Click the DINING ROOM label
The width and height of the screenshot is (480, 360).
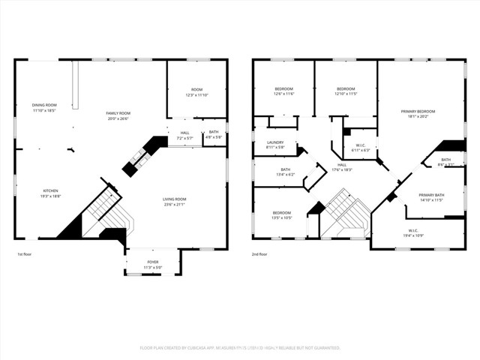pyautogui.click(x=44, y=107)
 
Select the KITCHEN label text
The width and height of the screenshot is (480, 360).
pyautogui.click(x=49, y=193)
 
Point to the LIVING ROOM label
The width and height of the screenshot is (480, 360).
pyautogui.click(x=175, y=201)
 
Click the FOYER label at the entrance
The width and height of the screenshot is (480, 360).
pyautogui.click(x=152, y=264)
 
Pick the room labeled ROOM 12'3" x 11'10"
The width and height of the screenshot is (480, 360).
pyautogui.click(x=196, y=93)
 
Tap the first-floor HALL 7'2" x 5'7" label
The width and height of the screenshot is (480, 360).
pyautogui.click(x=184, y=135)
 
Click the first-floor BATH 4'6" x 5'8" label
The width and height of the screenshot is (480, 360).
pyautogui.click(x=214, y=134)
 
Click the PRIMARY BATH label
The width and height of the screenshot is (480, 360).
pyautogui.click(x=431, y=197)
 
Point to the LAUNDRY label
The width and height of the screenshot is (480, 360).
pyautogui.click(x=275, y=144)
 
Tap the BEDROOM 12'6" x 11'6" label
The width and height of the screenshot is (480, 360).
pyautogui.click(x=283, y=91)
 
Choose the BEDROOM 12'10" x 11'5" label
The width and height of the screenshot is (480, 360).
pyautogui.click(x=345, y=91)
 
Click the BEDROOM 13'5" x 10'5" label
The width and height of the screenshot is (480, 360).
pyautogui.click(x=281, y=214)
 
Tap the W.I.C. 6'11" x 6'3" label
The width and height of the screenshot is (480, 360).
pyautogui.click(x=361, y=148)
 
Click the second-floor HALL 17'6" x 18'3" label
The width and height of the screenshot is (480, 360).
pyautogui.click(x=342, y=167)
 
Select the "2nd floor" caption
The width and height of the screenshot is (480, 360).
pyautogui.click(x=259, y=254)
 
